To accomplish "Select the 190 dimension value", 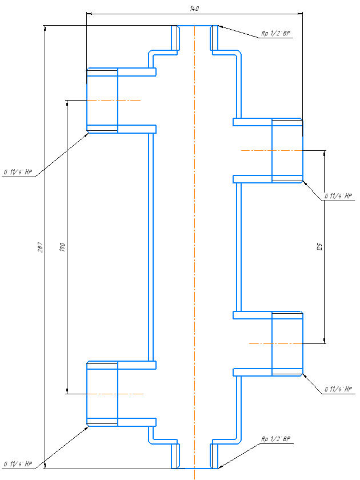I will [x=62, y=247].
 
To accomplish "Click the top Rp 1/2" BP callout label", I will [x=277, y=34].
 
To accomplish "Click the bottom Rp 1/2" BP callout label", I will [x=277, y=439].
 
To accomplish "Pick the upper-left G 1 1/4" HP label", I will [x=17, y=172].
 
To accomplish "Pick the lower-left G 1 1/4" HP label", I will [x=17, y=463].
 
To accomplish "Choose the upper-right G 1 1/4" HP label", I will [x=339, y=196].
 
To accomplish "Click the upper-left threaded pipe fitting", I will [x=102, y=100].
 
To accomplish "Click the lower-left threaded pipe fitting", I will [x=102, y=394].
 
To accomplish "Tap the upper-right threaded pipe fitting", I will [x=287, y=151].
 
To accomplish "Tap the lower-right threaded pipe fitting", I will [x=287, y=343].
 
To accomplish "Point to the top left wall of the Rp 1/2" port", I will [x=175, y=38].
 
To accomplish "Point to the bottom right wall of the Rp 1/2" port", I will [x=214, y=455].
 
